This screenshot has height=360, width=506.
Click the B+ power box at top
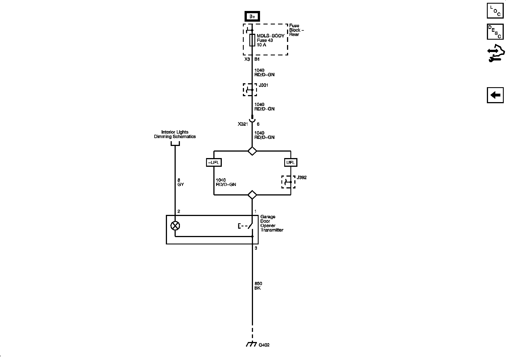click(x=252, y=17)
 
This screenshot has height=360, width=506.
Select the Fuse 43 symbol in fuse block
click(x=252, y=40)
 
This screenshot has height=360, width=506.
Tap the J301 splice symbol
click(x=250, y=90)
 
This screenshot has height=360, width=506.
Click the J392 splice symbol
click(x=288, y=182)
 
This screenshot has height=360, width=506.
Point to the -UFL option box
click(x=214, y=163)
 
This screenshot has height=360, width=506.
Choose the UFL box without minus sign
click(x=290, y=163)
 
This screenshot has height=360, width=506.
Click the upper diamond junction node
click(x=252, y=151)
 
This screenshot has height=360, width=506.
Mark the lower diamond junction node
click(x=252, y=195)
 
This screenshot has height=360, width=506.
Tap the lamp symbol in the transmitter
click(x=175, y=226)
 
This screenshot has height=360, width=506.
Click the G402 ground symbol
click(x=251, y=344)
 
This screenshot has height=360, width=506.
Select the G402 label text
click(x=264, y=345)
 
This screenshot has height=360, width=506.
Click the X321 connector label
click(x=243, y=124)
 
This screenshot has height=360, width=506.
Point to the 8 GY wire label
click(x=180, y=182)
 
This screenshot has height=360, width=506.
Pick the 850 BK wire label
click(x=258, y=286)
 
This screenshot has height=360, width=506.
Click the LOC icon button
click(x=495, y=11)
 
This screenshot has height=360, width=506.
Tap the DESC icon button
click(x=495, y=32)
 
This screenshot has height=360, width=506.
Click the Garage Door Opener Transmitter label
click(x=272, y=223)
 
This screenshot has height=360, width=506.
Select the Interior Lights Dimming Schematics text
click(x=175, y=134)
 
